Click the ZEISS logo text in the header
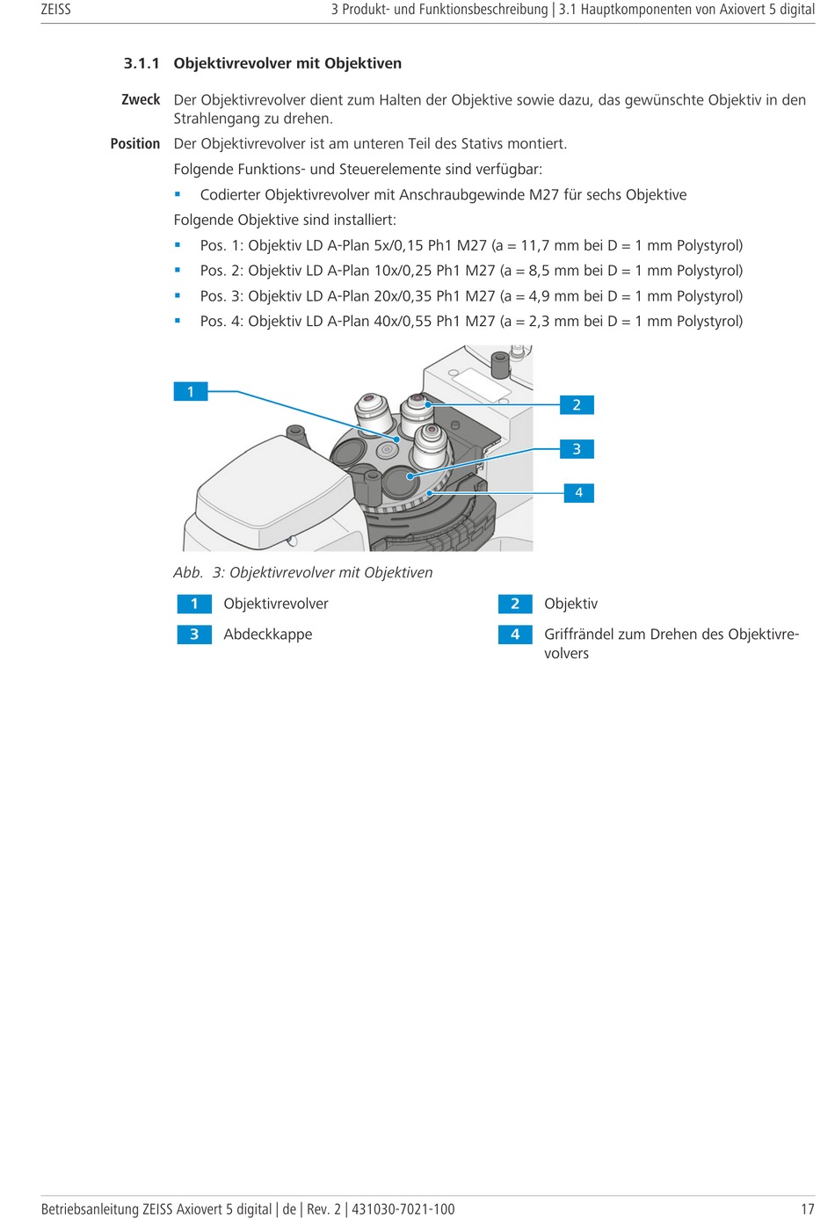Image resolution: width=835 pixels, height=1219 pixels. click(55, 10)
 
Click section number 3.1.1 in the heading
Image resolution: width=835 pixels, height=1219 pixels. click(142, 63)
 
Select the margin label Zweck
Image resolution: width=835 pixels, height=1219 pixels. click(141, 99)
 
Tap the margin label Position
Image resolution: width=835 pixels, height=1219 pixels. click(135, 143)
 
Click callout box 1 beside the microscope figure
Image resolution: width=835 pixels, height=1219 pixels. click(191, 392)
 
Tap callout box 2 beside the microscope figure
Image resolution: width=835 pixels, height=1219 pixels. click(577, 405)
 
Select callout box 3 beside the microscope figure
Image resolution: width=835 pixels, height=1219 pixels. click(577, 449)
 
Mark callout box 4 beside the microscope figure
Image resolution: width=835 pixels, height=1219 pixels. click(578, 493)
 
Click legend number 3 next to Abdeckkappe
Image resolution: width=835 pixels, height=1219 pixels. click(194, 635)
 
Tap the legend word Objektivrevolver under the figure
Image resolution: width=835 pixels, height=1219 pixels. click(276, 604)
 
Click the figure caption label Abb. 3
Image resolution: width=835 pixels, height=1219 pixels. click(200, 573)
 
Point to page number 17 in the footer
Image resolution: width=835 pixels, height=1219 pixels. click(807, 1209)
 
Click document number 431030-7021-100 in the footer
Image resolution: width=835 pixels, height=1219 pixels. click(403, 1209)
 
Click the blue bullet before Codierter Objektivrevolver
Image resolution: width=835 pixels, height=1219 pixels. click(178, 194)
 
